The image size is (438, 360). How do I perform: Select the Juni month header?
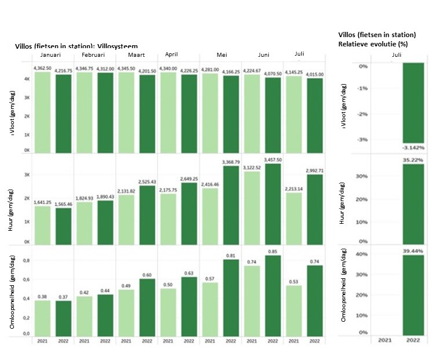[x=264, y=54]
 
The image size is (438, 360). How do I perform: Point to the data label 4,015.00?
[x=315, y=75]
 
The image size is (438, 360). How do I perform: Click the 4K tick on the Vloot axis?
[x=27, y=79]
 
